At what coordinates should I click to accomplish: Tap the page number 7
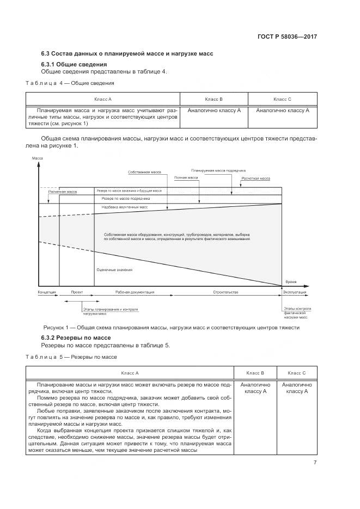(x=315, y=463)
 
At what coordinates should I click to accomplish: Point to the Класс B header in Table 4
(x=213, y=99)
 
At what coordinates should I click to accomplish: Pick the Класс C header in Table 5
(x=297, y=373)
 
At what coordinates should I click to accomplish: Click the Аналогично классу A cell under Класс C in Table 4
(x=282, y=110)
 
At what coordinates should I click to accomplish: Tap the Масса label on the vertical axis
(x=37, y=158)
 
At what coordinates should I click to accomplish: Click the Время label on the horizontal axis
(x=291, y=282)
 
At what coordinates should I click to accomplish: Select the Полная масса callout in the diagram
(x=185, y=177)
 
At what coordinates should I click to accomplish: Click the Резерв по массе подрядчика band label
(x=126, y=199)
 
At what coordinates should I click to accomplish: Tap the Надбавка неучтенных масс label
(x=125, y=207)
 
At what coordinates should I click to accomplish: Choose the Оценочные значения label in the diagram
(x=114, y=270)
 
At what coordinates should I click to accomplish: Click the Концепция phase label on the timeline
(x=47, y=292)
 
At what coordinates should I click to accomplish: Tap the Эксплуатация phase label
(x=295, y=292)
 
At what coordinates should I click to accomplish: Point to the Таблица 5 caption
(x=71, y=357)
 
